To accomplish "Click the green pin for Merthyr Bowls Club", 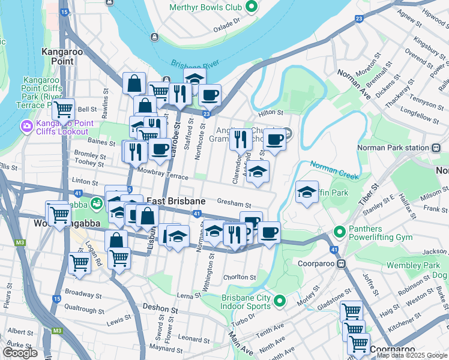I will [252, 7].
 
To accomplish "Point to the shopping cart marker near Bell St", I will [63, 109].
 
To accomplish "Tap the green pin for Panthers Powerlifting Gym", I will [339, 231].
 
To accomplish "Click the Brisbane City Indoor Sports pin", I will [279, 301].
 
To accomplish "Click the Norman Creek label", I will [334, 169].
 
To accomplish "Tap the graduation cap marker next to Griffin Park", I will [307, 192].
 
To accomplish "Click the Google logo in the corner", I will [20, 353].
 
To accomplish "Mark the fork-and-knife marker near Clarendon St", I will [240, 140].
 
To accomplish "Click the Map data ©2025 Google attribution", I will [411, 355].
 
